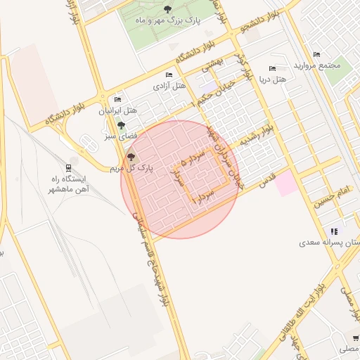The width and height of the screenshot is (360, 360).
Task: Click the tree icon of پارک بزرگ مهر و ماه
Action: (167, 9)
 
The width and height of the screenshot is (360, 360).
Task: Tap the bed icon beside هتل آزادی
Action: (168, 75)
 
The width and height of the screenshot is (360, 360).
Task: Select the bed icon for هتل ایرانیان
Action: (117, 100)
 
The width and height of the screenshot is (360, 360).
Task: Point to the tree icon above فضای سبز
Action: (121, 124)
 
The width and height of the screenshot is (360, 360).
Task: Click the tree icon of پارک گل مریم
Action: (131, 156)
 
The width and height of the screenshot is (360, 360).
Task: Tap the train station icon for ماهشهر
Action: (68, 168)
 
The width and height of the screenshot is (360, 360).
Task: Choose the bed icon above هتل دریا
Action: (272, 69)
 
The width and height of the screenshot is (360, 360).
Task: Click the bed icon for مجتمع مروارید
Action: (316, 55)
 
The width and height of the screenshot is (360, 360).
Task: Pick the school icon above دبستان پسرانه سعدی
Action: (334, 231)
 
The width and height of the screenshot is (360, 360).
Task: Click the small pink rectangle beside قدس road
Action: (285, 184)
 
